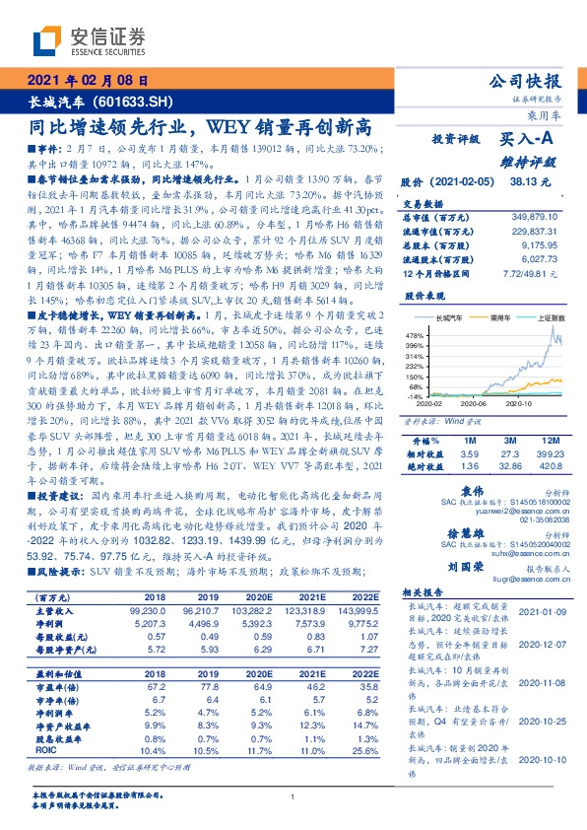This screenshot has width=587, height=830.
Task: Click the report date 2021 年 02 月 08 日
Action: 90,81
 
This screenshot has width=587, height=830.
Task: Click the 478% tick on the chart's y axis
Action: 412,336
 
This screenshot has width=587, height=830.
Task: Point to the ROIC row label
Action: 44,749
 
